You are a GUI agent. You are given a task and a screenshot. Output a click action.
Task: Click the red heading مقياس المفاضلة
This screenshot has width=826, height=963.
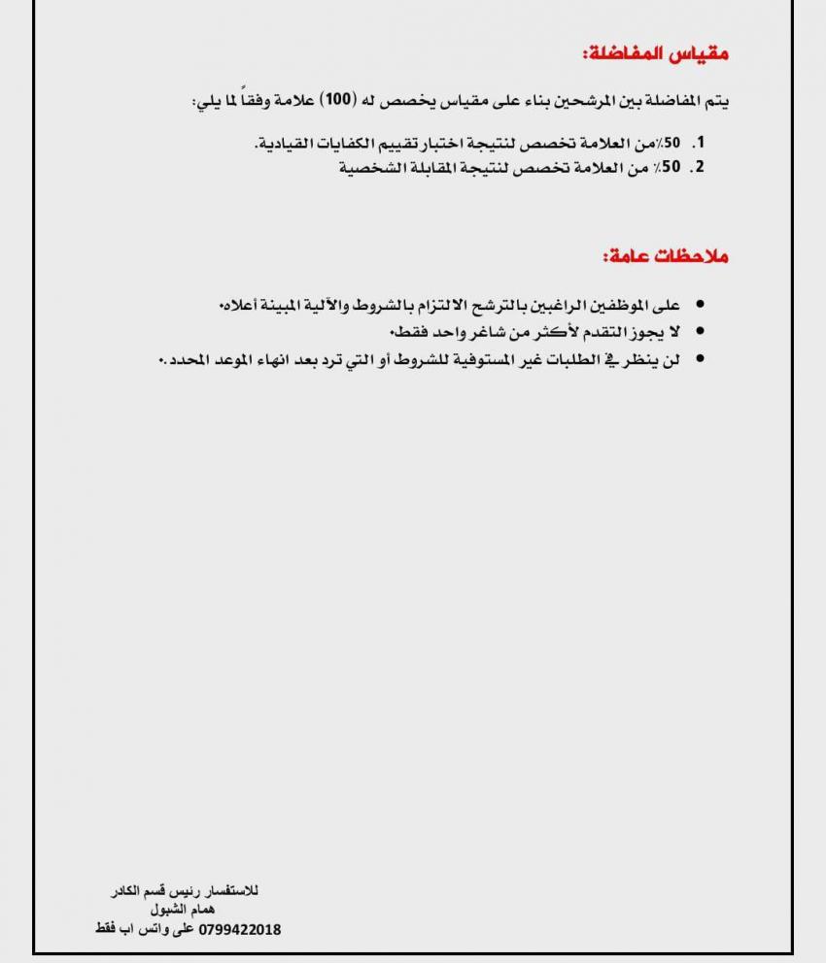click(656, 54)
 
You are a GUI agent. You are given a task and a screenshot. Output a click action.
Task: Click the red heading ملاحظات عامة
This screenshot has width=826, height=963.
click(665, 256)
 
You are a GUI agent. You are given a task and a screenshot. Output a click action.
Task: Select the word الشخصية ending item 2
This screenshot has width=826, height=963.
click(370, 167)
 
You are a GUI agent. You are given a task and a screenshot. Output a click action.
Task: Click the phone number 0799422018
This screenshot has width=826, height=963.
click(239, 930)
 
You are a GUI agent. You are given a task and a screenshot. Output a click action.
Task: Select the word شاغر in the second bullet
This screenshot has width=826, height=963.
click(460, 333)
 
